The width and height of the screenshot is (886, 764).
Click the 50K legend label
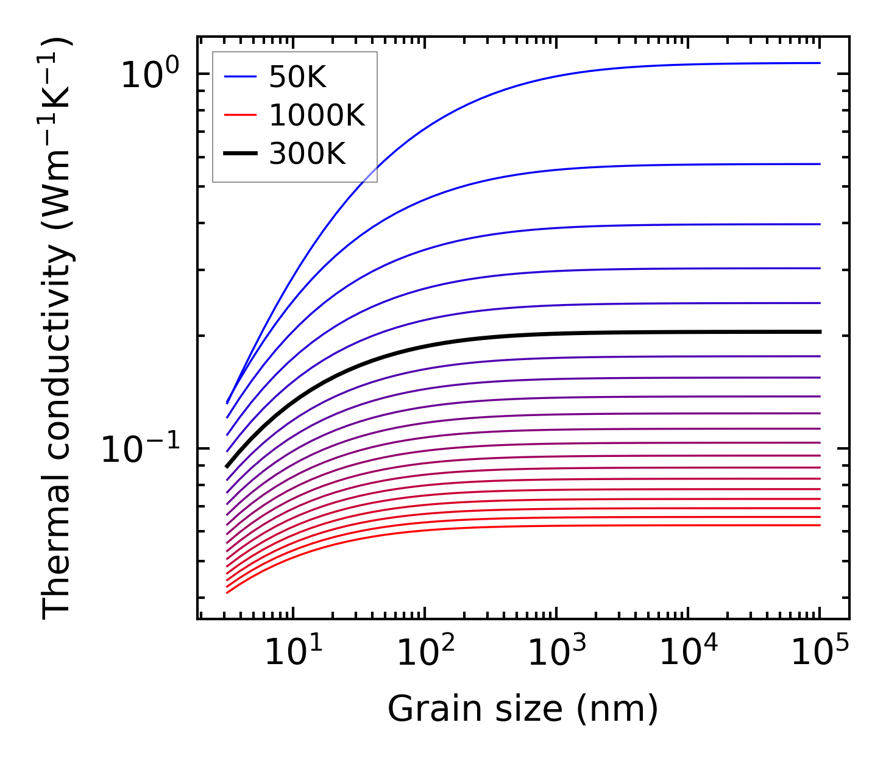point(298,77)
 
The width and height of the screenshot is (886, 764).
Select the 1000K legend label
point(317,116)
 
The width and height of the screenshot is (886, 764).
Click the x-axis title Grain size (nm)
point(523,710)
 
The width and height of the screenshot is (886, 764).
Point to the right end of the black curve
point(819,332)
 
